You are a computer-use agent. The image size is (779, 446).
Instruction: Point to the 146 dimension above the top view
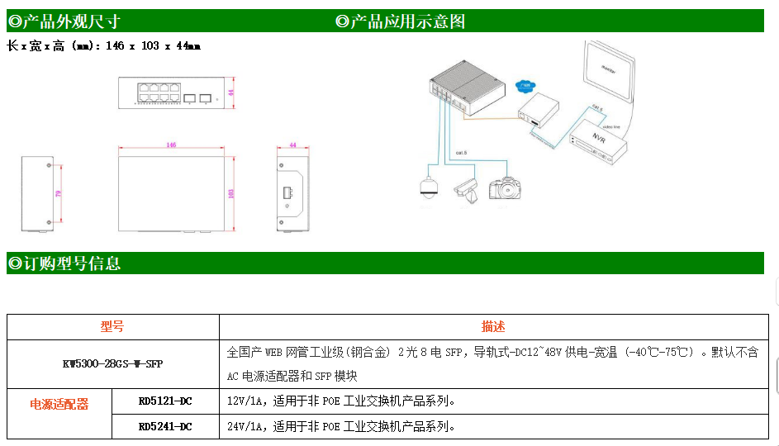tap(171, 145)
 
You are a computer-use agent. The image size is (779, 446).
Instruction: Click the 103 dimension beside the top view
tap(231, 192)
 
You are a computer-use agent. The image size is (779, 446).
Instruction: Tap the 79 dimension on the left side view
tap(57, 193)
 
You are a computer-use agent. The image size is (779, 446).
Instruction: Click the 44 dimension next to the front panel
tap(231, 93)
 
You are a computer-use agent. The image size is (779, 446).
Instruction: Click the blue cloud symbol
tap(524, 86)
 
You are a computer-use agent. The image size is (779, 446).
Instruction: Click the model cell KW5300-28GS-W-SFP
tap(113, 363)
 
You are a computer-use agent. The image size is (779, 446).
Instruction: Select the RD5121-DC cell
tap(165, 401)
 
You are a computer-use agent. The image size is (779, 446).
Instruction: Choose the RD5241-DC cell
tap(165, 426)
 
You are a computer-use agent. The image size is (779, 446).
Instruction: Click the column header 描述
tap(493, 327)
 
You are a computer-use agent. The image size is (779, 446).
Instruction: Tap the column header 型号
tap(113, 327)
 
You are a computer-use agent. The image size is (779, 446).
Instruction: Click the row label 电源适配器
tap(59, 404)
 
